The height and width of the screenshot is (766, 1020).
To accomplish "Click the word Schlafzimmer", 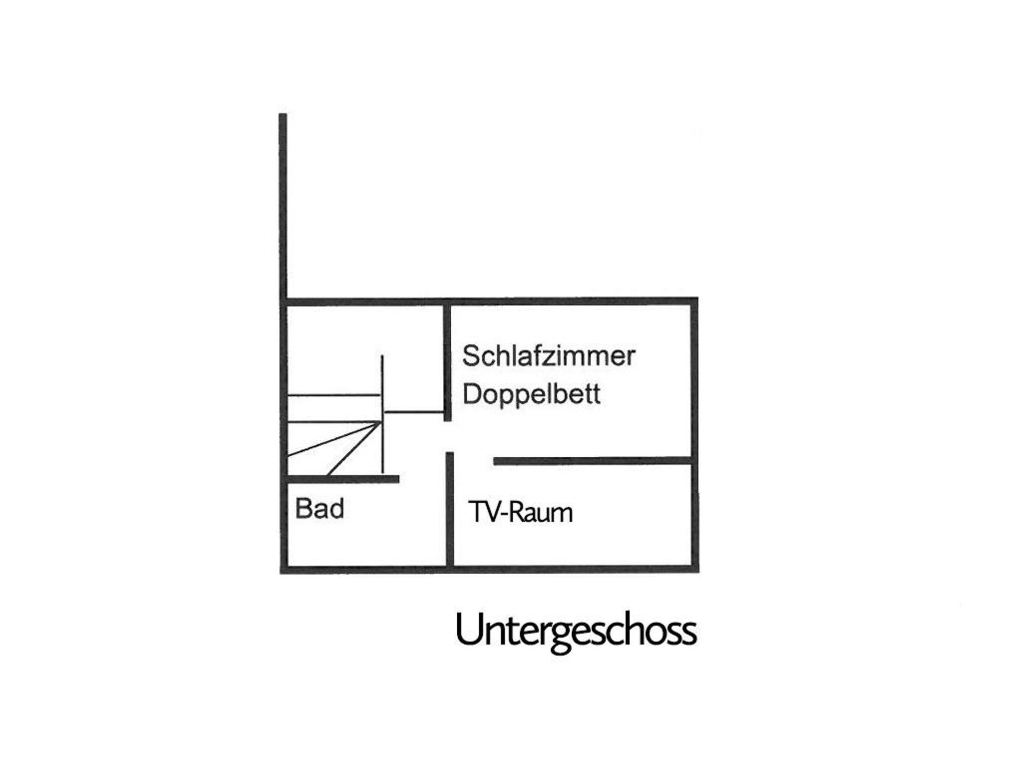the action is (x=548, y=356).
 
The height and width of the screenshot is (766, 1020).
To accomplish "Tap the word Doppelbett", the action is (x=531, y=394).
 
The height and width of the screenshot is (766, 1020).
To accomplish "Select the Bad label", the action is (x=319, y=509).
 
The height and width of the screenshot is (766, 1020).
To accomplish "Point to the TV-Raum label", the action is (x=520, y=512).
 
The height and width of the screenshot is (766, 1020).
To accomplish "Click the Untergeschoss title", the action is (x=576, y=631).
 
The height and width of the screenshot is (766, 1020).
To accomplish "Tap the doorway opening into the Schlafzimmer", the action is (x=449, y=437).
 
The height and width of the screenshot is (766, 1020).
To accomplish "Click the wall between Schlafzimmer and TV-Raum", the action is (x=593, y=461).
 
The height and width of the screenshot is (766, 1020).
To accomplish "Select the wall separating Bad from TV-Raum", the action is (x=450, y=509).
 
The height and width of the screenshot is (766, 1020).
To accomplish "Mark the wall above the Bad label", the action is (x=343, y=479).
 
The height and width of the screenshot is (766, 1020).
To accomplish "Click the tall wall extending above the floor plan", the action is (x=282, y=207).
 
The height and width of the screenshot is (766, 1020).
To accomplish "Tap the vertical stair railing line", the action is (x=382, y=414).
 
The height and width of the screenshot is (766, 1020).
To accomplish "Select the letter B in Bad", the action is (x=303, y=509).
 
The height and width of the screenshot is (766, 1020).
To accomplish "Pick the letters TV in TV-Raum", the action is (x=485, y=512).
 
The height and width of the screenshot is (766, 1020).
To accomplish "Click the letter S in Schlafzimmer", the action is (x=471, y=356).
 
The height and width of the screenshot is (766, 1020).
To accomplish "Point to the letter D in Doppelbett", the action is (x=472, y=393).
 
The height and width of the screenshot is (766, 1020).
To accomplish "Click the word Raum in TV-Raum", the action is (x=541, y=512).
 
